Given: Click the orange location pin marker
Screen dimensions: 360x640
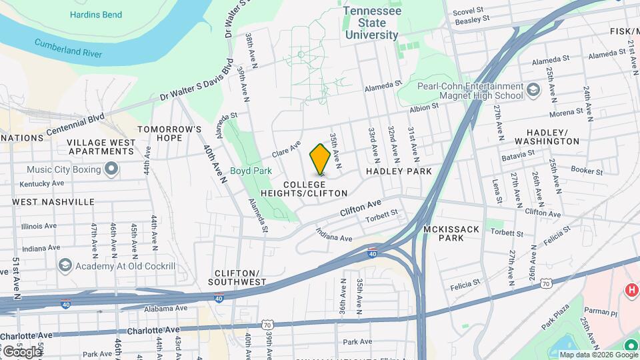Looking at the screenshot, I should click(x=320, y=159).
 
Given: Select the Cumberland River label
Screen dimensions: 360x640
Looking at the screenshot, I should click(x=69, y=48).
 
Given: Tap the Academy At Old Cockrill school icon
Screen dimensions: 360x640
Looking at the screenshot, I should click(x=65, y=266).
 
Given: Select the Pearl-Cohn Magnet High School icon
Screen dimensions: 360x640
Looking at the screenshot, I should click(x=533, y=89).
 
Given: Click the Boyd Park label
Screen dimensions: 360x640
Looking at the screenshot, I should click(x=251, y=171).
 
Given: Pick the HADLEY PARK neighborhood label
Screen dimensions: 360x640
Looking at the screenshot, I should click(x=399, y=171).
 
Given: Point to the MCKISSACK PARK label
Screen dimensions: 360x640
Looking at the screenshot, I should click(x=451, y=233).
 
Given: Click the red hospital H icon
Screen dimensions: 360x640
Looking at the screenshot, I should click(x=631, y=291).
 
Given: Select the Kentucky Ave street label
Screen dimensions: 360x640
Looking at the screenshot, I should click(x=42, y=183).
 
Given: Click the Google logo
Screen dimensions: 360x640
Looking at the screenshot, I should click(x=21, y=351).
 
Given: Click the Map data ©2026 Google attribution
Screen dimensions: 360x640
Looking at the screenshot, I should click(x=598, y=355).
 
